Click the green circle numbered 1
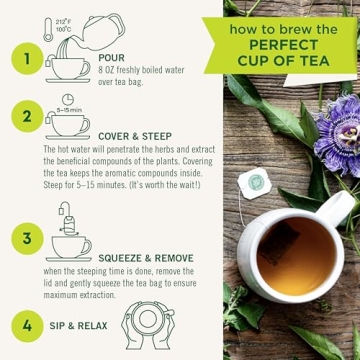coord(27,59)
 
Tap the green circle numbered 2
coord(27,117)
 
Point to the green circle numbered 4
coord(27,325)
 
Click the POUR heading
coord(112,59)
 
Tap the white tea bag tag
coord(257,181)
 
